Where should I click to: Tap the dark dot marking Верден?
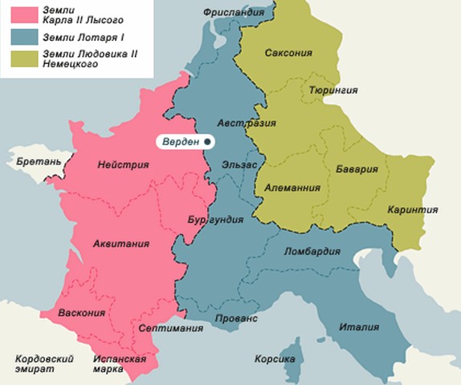pos(207,141)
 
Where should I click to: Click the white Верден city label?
pos(181,141)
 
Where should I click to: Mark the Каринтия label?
pos(412,209)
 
